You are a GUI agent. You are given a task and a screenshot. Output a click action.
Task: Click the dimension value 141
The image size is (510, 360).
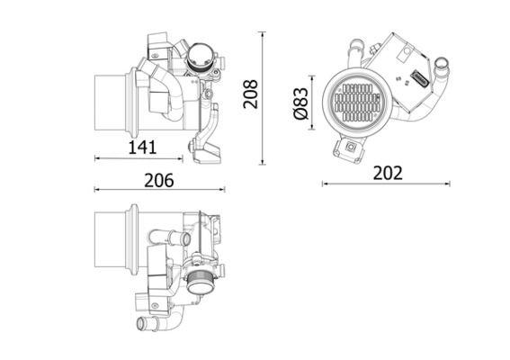point(142,146)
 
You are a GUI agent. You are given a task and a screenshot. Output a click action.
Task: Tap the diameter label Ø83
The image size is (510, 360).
point(301,101)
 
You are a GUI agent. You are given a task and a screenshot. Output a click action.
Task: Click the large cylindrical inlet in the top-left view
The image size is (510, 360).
point(112,101)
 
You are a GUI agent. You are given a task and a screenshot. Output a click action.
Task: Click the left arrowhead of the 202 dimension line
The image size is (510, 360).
point(324,184)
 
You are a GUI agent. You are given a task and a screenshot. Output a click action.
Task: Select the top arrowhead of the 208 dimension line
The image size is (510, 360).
point(262,34)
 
